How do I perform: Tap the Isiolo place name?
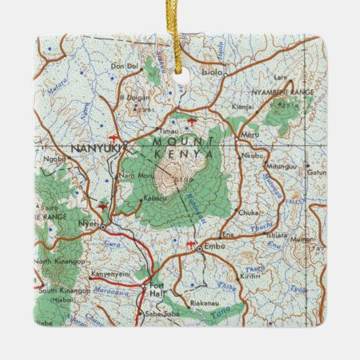pos(213,71)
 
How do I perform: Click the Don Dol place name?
pos(123,66)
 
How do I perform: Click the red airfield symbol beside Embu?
pos(191,242)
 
